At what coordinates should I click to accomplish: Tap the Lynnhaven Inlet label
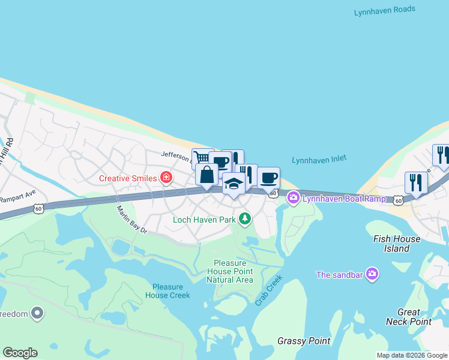click(x=319, y=160)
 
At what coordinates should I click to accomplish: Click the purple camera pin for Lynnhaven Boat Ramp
click(x=293, y=197)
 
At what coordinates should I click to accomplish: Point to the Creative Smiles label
click(x=128, y=178)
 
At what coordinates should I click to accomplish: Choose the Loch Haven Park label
click(x=204, y=220)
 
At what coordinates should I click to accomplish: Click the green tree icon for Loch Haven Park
click(x=244, y=218)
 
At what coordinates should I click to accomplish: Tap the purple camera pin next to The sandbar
click(x=372, y=274)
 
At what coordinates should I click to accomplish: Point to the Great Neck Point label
click(x=414, y=317)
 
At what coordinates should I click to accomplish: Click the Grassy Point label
click(x=304, y=341)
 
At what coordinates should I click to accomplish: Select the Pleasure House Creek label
click(x=167, y=291)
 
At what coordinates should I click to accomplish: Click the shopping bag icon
click(x=206, y=175)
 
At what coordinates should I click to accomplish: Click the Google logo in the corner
click(x=20, y=352)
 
